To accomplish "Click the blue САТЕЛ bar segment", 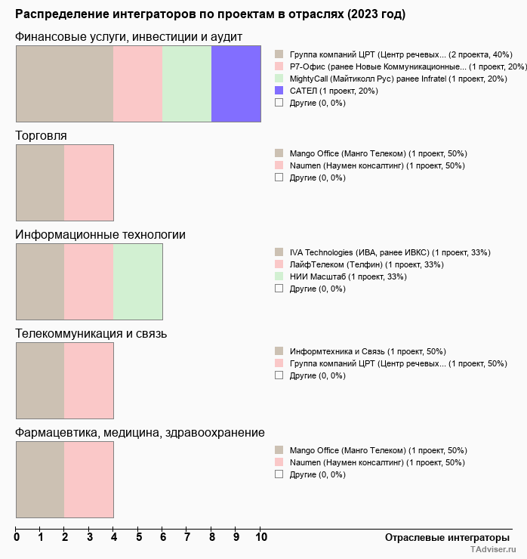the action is pos(236,84).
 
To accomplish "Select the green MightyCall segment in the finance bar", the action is pos(187,84).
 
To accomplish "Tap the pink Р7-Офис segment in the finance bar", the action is pos(138,84).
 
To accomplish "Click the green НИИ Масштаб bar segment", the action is pos(138,282).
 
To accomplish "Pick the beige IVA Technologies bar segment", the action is pos(40,282).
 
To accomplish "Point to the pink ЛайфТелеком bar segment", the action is pos(89,282).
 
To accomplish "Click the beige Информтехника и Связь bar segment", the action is pos(40,381).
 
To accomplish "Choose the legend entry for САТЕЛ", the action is pos(326,91).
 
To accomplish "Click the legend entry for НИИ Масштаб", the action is pos(341,276).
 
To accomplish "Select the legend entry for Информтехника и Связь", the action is pos(360,351).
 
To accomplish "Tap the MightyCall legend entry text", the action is pos(399,79).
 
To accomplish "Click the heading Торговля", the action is pos(41,136).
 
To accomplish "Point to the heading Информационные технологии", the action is pos(100,235).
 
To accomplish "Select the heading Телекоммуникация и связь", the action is pos(91,334).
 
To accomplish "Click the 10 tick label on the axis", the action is pos(261,537).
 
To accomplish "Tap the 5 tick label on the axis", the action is pos(139,537).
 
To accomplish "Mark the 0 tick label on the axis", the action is pos(17,537).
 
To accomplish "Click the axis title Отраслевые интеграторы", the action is pos(447,538).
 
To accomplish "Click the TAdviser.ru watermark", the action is pos(493,549).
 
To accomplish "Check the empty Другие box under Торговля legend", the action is pos(279,178).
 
